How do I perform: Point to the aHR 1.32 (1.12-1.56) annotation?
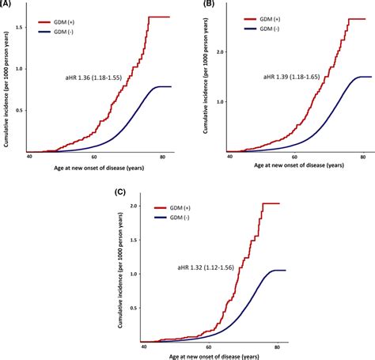[x=210, y=268]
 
